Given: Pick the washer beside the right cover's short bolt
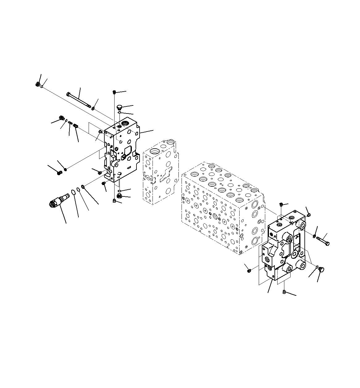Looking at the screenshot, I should pos(314,236).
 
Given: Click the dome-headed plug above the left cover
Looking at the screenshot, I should pos(119,107).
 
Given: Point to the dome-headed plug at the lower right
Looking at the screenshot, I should pos(321,270).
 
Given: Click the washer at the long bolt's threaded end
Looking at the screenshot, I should pos(93,108).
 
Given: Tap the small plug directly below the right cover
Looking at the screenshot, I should pos(284,292).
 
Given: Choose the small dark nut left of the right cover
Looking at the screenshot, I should pos(249,271).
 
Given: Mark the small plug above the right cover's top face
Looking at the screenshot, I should pos(281,205).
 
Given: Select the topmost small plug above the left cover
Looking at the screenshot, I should pos(114,92).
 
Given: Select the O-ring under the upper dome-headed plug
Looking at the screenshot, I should pos(119,113).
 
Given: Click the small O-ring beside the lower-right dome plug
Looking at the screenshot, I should pos(316,267).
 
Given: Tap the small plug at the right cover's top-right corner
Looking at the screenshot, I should pos(309,214).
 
